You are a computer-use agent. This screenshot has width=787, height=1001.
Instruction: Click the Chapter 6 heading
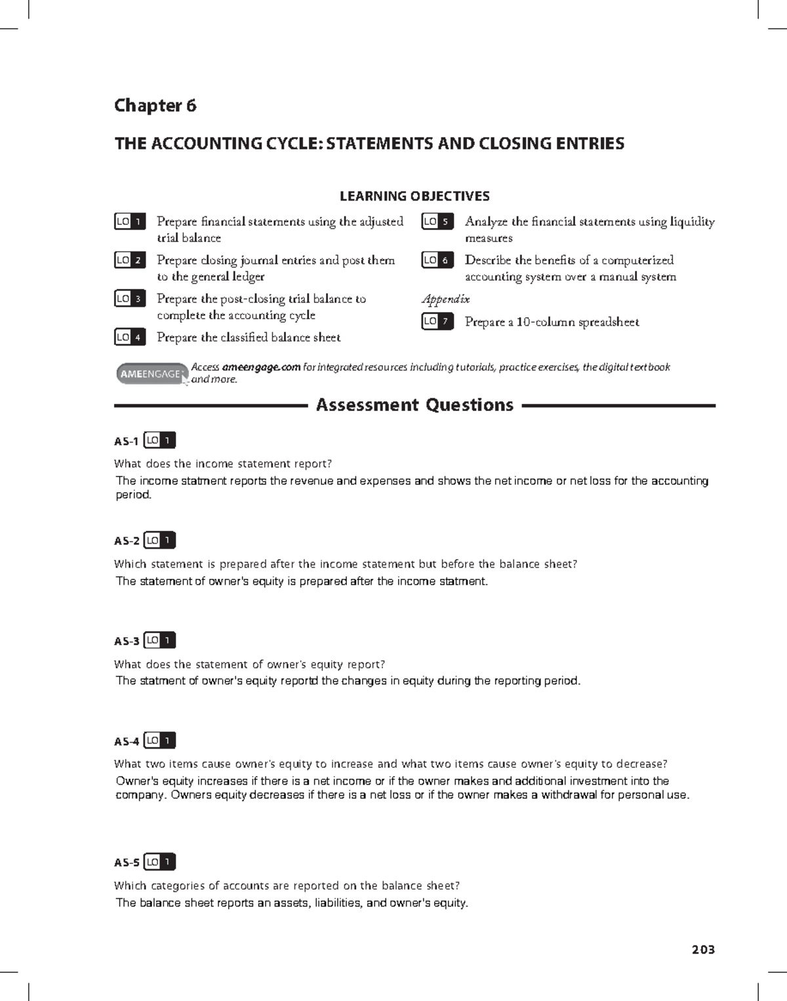coord(155,106)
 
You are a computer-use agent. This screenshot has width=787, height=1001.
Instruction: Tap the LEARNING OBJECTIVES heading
coord(414,196)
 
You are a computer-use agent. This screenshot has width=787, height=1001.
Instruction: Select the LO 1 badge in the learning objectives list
coord(130,222)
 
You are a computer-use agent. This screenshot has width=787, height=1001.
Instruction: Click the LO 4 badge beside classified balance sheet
coord(130,337)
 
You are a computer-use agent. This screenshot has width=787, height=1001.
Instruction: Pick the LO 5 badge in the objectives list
coord(437,222)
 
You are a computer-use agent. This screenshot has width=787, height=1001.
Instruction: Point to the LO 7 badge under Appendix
coord(437,321)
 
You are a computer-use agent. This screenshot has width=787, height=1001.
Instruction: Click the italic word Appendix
coord(445,299)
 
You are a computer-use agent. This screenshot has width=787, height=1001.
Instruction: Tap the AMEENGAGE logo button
coord(151,374)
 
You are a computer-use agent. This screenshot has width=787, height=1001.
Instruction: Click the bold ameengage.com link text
coord(261,367)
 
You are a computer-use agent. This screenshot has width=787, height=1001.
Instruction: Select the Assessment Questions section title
coord(414,405)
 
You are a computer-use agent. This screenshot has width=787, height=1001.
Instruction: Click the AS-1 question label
coord(126,441)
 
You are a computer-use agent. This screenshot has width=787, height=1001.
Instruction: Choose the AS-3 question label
coord(127,641)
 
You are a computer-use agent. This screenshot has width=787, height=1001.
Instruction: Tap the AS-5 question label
coord(127,863)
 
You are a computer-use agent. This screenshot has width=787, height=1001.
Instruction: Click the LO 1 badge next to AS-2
coord(160,540)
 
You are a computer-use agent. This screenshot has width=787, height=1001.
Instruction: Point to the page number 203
coord(702,949)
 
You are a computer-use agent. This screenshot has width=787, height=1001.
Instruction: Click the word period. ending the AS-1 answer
coord(133,495)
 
